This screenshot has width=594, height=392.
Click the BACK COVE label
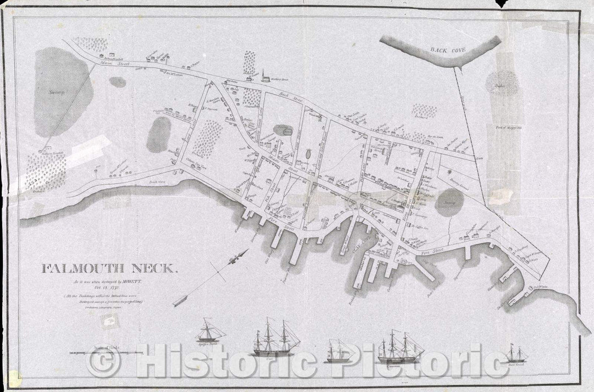click(x=448, y=49)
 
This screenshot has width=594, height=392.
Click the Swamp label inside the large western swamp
click(x=56, y=92)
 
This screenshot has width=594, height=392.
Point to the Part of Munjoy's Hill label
click(x=508, y=128)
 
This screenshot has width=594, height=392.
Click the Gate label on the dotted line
click(x=479, y=157)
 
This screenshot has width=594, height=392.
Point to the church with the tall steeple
click(x=265, y=76)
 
